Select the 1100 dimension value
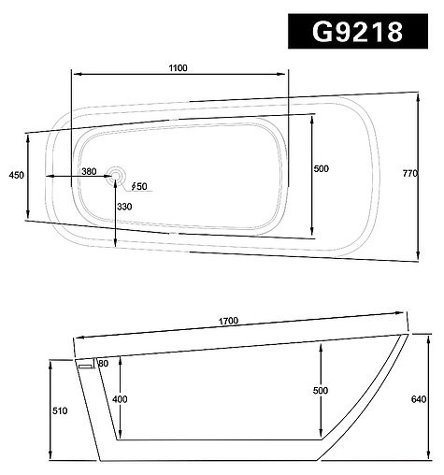pyautogui.click(x=179, y=67)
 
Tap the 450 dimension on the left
pyautogui.click(x=16, y=175)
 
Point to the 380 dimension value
pyautogui.click(x=89, y=171)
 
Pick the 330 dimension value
pyautogui.click(x=124, y=207)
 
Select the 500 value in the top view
pyautogui.click(x=322, y=169)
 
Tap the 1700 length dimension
pyautogui.click(x=229, y=321)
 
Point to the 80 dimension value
pyautogui.click(x=103, y=363)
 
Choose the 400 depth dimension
pyautogui.click(x=119, y=399)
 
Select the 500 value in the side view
pyautogui.click(x=322, y=390)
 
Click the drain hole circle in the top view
pyautogui.click(x=116, y=175)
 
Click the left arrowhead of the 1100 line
pyautogui.click(x=76, y=75)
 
